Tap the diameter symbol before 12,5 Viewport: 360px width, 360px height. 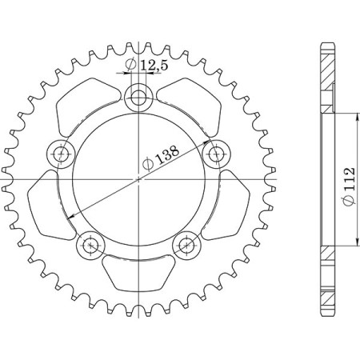click(x=130, y=66)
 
